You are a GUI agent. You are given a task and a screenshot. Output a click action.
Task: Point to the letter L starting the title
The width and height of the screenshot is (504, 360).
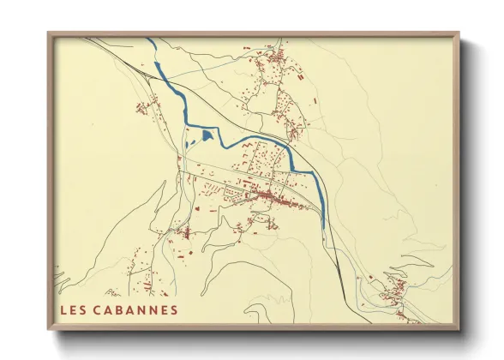pyautogui.click(x=63, y=309)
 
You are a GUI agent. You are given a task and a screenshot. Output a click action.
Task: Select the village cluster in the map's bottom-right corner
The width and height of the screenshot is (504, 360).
pyautogui.click(x=395, y=291)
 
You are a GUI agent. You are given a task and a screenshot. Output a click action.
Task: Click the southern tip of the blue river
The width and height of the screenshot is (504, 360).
pyautogui.click(x=324, y=228)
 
